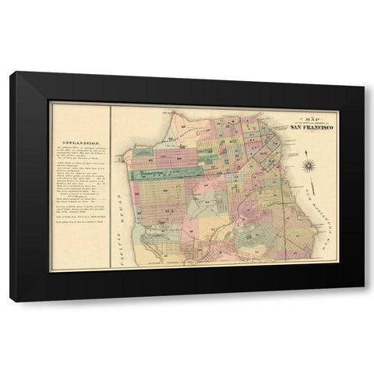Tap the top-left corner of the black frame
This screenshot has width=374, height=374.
pos(9,72)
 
